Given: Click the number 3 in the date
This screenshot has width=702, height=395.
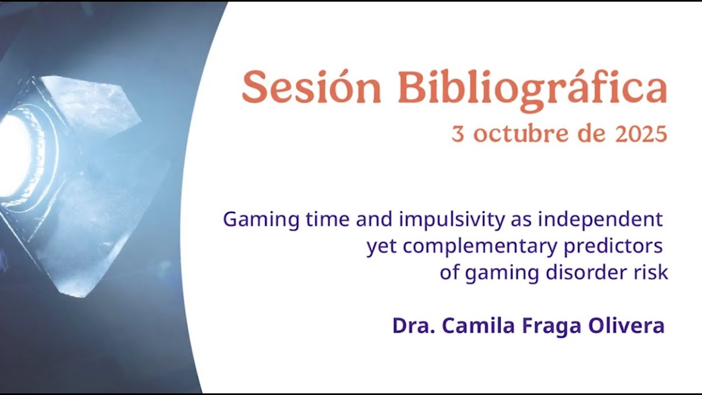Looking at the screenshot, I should (x=457, y=134).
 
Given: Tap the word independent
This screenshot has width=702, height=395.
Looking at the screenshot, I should (x=600, y=220).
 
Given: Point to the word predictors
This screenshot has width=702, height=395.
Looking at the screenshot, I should (x=613, y=247).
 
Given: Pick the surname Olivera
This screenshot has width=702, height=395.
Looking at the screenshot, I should (x=626, y=326).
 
